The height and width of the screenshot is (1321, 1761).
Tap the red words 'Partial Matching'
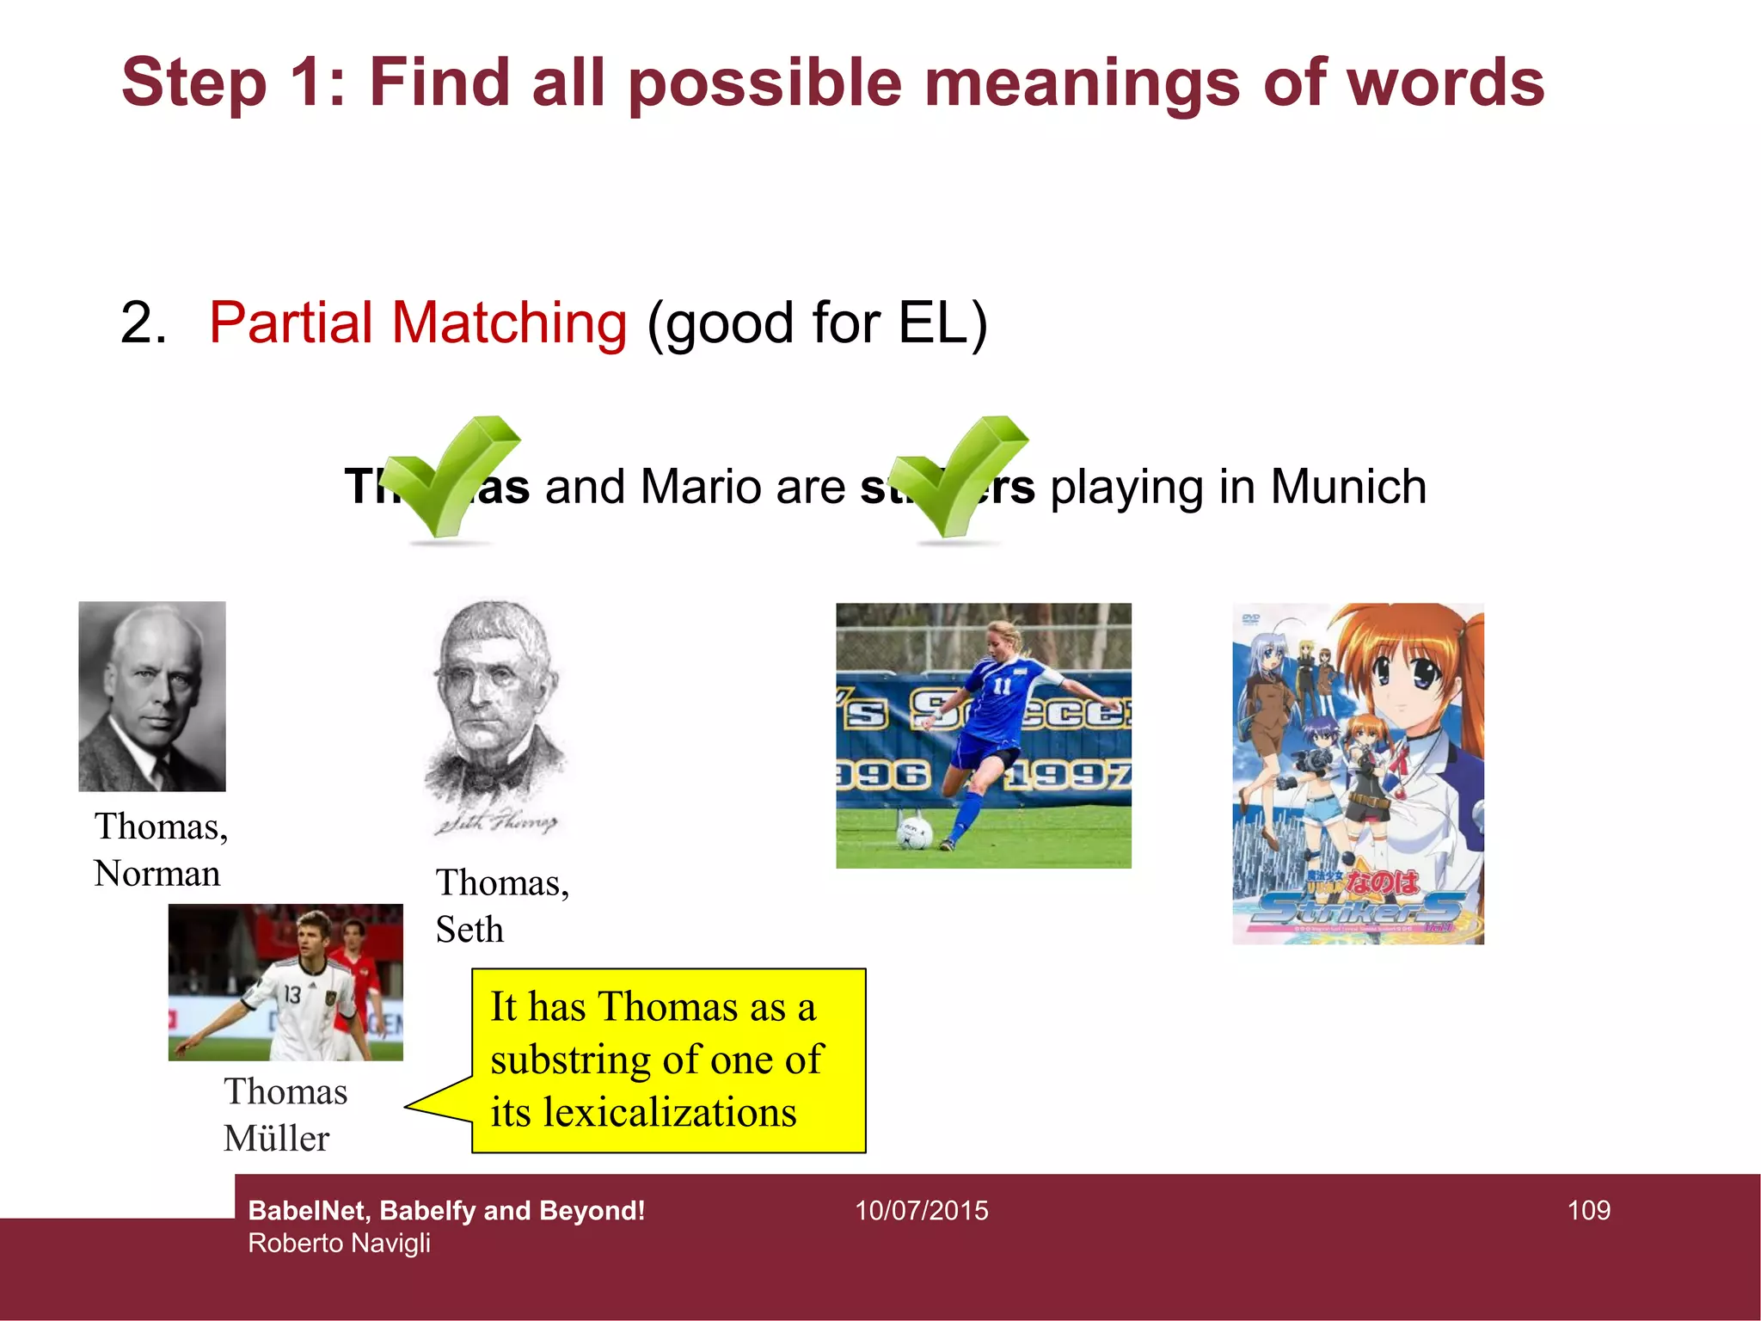pyautogui.click(x=418, y=323)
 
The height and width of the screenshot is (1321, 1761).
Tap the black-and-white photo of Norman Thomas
pyautogui.click(x=152, y=696)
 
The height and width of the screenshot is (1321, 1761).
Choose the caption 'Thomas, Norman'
pyautogui.click(x=161, y=849)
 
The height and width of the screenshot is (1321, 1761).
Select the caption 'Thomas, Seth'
pyautogui.click(x=502, y=906)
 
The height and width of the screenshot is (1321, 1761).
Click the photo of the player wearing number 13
pyautogui.click(x=285, y=982)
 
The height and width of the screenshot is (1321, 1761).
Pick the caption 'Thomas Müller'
pyautogui.click(x=285, y=1115)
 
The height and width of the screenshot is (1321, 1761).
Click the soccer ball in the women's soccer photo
pyautogui.click(x=914, y=832)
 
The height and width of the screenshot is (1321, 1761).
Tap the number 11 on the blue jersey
pyautogui.click(x=1002, y=686)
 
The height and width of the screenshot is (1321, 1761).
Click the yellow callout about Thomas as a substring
pyautogui.click(x=668, y=1060)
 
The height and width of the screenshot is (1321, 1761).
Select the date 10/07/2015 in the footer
pyautogui.click(x=921, y=1210)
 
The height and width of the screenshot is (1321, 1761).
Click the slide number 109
pyautogui.click(x=1588, y=1210)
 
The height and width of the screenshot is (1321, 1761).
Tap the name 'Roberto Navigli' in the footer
pyautogui.click(x=339, y=1244)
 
